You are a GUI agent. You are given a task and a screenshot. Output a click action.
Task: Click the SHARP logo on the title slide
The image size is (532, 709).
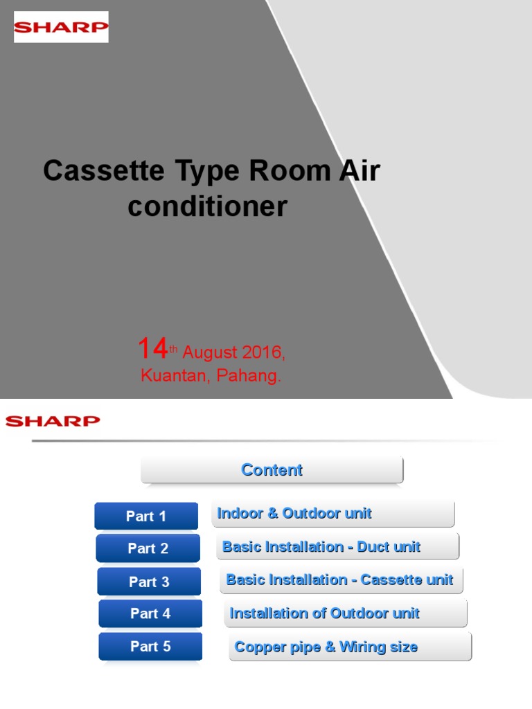click(x=61, y=28)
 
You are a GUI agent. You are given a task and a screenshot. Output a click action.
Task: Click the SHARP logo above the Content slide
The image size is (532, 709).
click(x=53, y=421)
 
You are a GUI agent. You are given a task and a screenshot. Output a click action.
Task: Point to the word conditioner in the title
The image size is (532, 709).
click(x=207, y=206)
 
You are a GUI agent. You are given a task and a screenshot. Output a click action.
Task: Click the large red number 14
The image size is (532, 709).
click(x=152, y=348)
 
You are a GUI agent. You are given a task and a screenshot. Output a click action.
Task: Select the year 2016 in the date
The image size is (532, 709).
click(x=260, y=352)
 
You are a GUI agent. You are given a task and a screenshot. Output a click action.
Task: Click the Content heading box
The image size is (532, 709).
click(x=272, y=470)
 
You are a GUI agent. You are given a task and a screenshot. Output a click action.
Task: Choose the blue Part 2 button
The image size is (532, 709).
click(x=148, y=548)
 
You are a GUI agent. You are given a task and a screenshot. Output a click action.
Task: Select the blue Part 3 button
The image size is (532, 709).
click(x=149, y=582)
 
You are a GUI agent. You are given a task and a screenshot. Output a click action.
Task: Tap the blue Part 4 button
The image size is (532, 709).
click(x=150, y=613)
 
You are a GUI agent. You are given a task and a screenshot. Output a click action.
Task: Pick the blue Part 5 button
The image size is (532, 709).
click(x=150, y=646)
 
